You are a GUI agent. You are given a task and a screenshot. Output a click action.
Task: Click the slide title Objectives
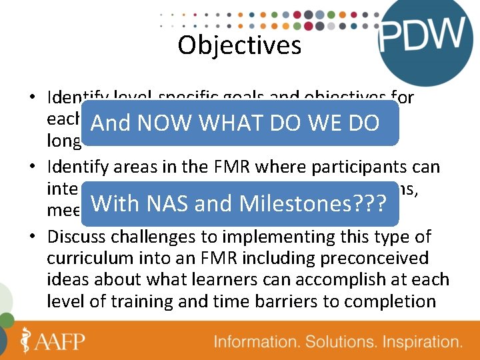click(239, 45)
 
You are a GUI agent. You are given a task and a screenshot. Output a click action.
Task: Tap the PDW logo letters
click(421, 35)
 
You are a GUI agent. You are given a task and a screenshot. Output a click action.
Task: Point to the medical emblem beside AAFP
click(27, 340)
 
